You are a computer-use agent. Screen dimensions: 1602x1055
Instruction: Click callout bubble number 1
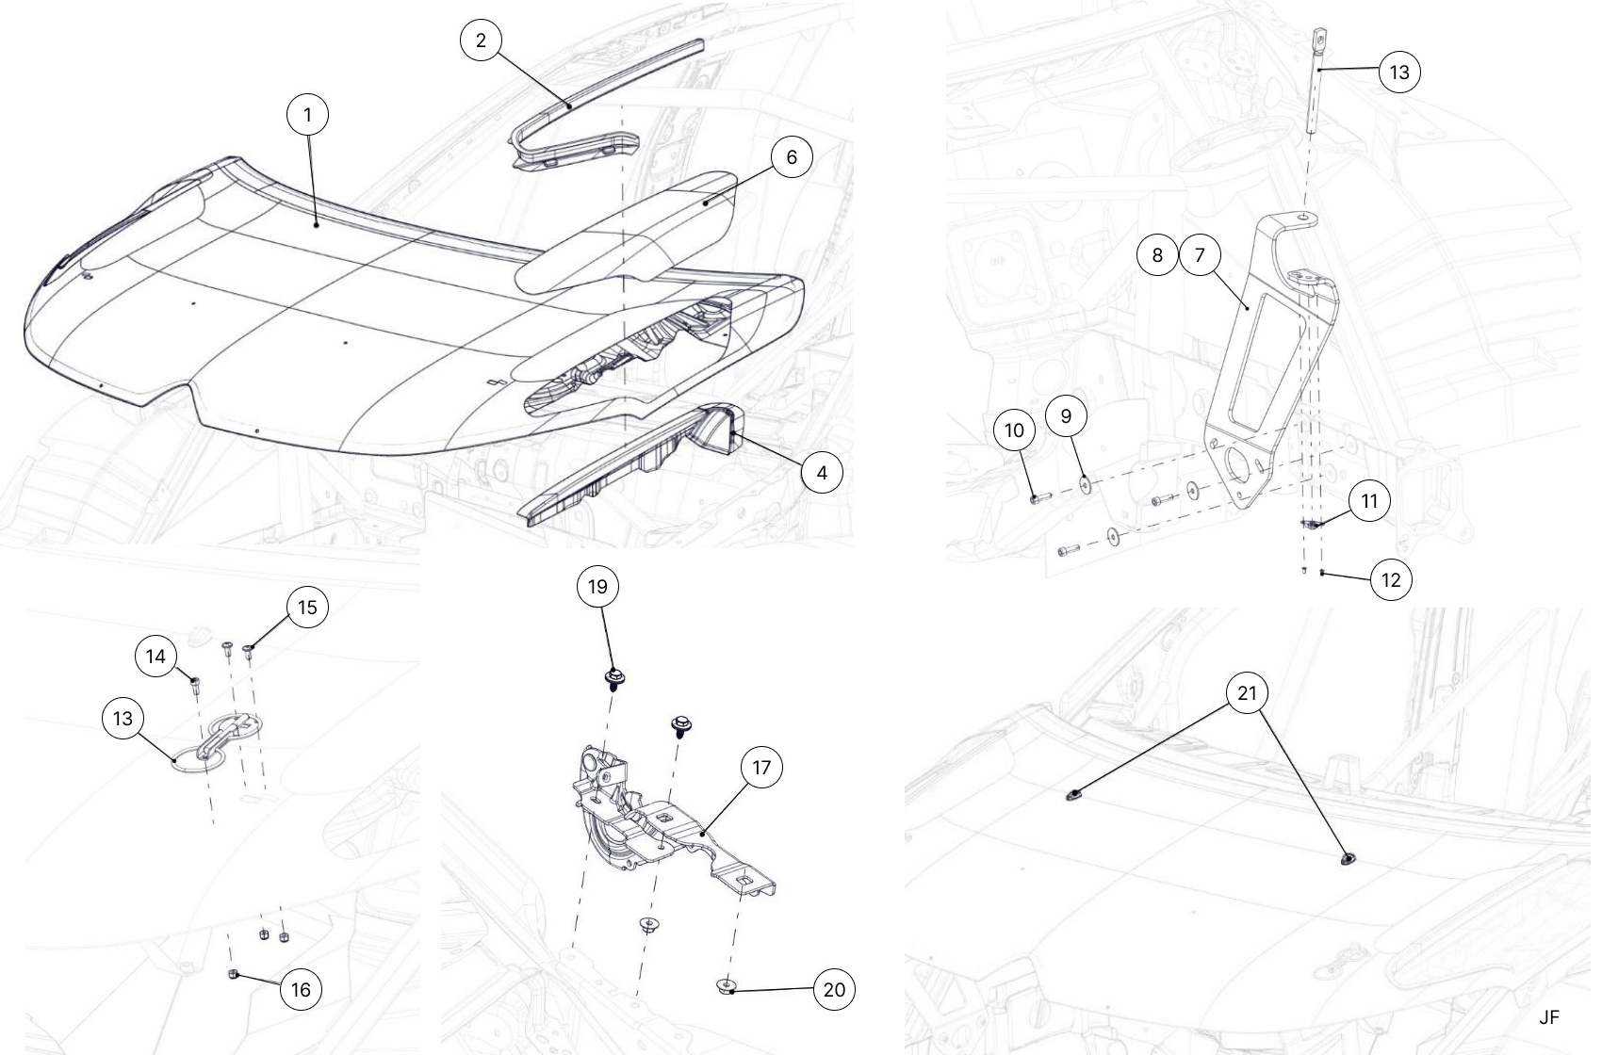(x=307, y=114)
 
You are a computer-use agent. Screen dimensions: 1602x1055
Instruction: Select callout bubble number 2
(x=481, y=40)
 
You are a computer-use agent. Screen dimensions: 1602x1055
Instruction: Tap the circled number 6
(x=792, y=157)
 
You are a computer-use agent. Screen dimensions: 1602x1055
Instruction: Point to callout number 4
(x=822, y=473)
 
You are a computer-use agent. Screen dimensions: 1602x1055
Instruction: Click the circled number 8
(x=1157, y=255)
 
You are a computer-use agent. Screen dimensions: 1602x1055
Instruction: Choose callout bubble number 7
(x=1200, y=255)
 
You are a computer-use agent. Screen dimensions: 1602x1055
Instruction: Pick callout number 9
(x=1067, y=416)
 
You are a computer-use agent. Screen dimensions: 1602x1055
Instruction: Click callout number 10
(x=1014, y=430)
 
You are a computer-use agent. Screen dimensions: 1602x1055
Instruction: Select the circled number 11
(x=1369, y=501)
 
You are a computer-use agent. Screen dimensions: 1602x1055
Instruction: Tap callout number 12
(x=1391, y=579)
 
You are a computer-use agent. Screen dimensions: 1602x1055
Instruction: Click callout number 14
(x=155, y=657)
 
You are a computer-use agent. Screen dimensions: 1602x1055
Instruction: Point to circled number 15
(x=307, y=608)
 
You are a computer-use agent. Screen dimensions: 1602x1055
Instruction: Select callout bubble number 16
(x=302, y=989)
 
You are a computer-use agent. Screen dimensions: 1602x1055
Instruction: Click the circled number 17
(x=761, y=768)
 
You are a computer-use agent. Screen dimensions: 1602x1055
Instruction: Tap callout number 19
(x=597, y=587)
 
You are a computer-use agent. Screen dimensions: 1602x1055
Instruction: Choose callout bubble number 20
(x=835, y=989)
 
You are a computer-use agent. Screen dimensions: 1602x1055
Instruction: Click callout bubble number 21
(x=1248, y=692)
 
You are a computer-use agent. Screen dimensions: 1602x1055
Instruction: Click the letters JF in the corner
(x=1549, y=1017)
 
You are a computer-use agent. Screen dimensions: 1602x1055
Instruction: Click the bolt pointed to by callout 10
(x=1039, y=497)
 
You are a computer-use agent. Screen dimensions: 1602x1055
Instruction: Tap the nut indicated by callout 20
(x=726, y=987)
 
